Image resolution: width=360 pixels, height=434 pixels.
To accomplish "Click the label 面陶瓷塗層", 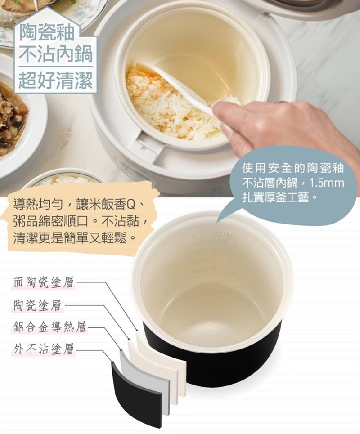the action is tap(44, 282).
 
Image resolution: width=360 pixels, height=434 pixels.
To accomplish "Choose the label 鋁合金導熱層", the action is tap(50, 327).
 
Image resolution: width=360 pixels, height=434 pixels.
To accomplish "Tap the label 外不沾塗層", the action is tap(44, 349).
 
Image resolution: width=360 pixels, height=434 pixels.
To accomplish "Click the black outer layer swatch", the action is tap(136, 393).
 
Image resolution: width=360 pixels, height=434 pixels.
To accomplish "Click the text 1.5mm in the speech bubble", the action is tap(327, 183).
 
